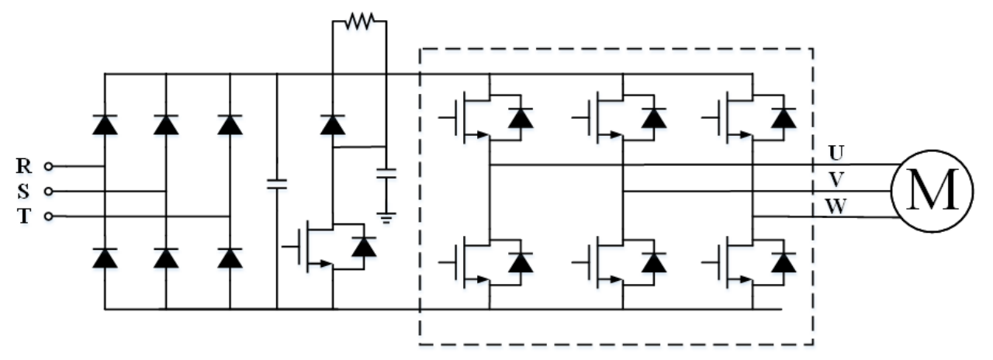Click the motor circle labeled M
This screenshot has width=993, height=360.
930,191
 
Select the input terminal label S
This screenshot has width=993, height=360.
24,191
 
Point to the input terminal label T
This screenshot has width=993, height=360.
24,216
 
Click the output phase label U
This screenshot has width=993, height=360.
836,153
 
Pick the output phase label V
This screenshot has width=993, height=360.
836,178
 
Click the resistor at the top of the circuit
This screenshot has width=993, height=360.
359,22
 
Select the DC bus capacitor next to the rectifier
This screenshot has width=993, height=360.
276,185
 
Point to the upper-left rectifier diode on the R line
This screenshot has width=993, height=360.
104,124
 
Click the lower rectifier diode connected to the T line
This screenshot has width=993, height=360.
230,258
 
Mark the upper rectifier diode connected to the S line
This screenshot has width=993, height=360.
166,124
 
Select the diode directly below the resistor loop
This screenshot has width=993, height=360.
333,124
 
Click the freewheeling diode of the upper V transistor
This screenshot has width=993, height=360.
655,118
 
